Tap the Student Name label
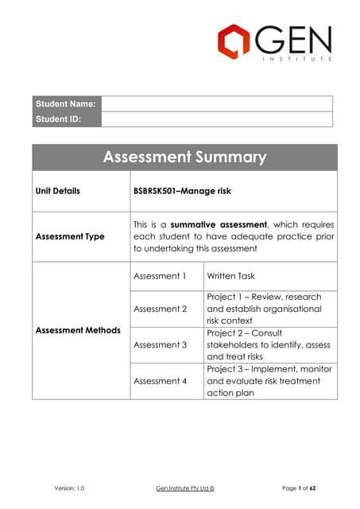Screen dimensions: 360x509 click(65, 103)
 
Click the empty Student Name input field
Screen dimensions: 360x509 click(216, 103)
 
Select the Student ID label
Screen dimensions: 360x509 click(57, 119)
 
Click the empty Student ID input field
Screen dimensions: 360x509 click(216, 119)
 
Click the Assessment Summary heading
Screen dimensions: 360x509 click(184, 157)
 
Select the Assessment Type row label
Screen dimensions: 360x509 click(70, 236)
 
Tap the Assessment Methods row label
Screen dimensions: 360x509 click(78, 330)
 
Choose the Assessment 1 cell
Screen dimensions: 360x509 click(160, 276)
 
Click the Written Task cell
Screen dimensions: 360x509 click(230, 276)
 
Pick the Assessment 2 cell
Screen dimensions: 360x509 click(160, 309)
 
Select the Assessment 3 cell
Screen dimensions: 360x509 click(160, 344)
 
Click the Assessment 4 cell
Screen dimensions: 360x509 click(160, 381)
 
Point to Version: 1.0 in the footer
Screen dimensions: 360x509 click(69, 486)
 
